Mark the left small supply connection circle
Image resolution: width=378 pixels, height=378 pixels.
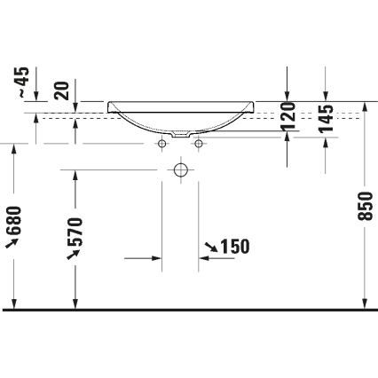(x=163, y=143)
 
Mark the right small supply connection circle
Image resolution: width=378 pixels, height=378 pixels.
(x=199, y=143)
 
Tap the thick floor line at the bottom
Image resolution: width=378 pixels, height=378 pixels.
(x=189, y=310)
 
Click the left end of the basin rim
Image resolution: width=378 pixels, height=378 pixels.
(x=109, y=106)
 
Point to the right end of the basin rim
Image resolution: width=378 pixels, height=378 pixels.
(x=254, y=106)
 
